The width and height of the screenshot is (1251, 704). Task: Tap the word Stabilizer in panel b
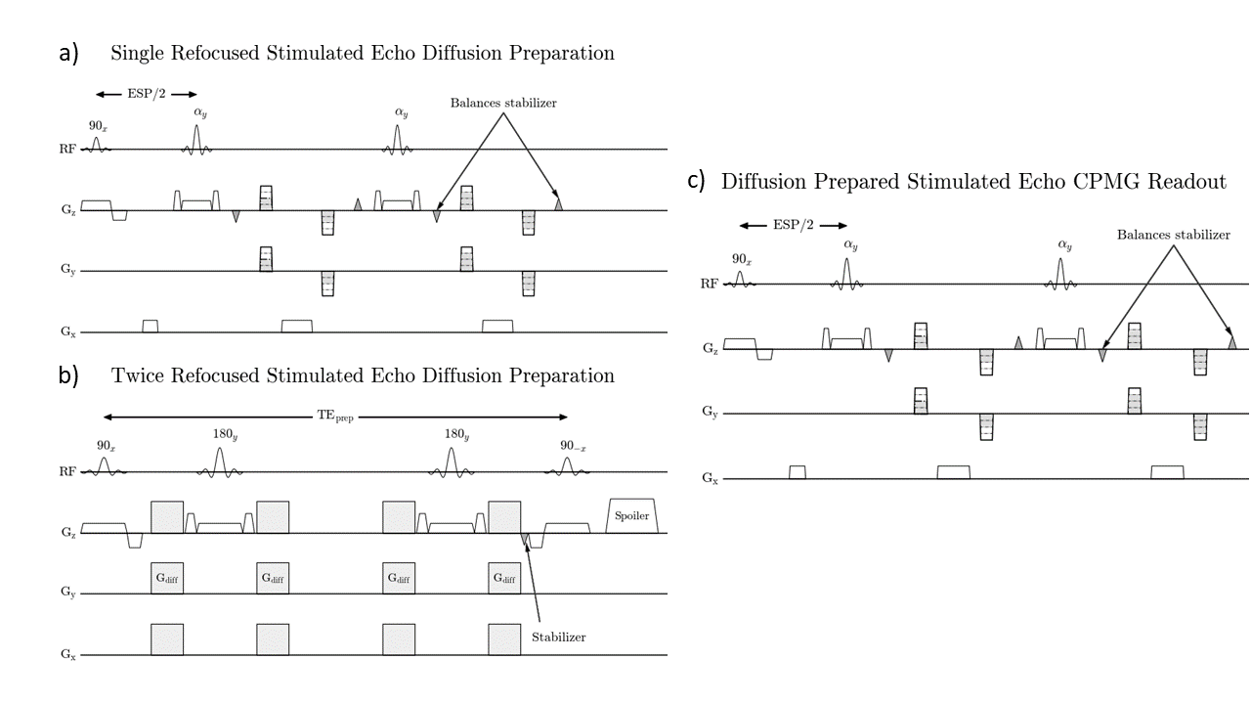click(x=558, y=638)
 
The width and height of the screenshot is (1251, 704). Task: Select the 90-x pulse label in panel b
click(x=573, y=445)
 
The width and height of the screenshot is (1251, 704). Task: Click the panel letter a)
click(x=69, y=54)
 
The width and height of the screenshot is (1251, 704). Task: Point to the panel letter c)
click(x=696, y=180)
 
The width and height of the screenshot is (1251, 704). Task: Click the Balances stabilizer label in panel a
click(x=503, y=103)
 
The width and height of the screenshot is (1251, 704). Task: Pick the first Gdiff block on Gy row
click(x=167, y=579)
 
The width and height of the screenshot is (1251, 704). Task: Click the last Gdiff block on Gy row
click(x=504, y=579)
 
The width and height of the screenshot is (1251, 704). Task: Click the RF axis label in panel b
click(x=65, y=472)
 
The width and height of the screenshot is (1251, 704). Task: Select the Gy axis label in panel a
click(x=65, y=272)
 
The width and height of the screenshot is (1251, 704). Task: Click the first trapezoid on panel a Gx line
click(x=150, y=326)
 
